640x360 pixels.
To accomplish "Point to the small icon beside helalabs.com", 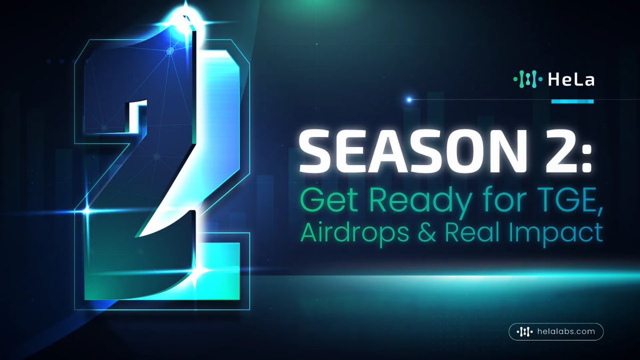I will (525, 332).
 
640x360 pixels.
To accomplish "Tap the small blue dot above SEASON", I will (409, 99).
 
